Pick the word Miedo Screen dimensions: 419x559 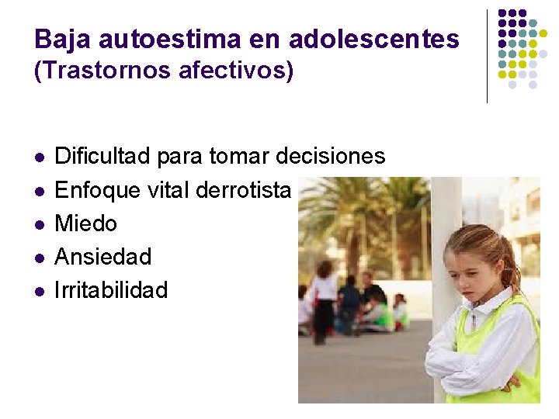(x=85, y=223)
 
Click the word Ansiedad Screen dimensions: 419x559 (x=102, y=257)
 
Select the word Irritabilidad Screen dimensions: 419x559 (x=111, y=290)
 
